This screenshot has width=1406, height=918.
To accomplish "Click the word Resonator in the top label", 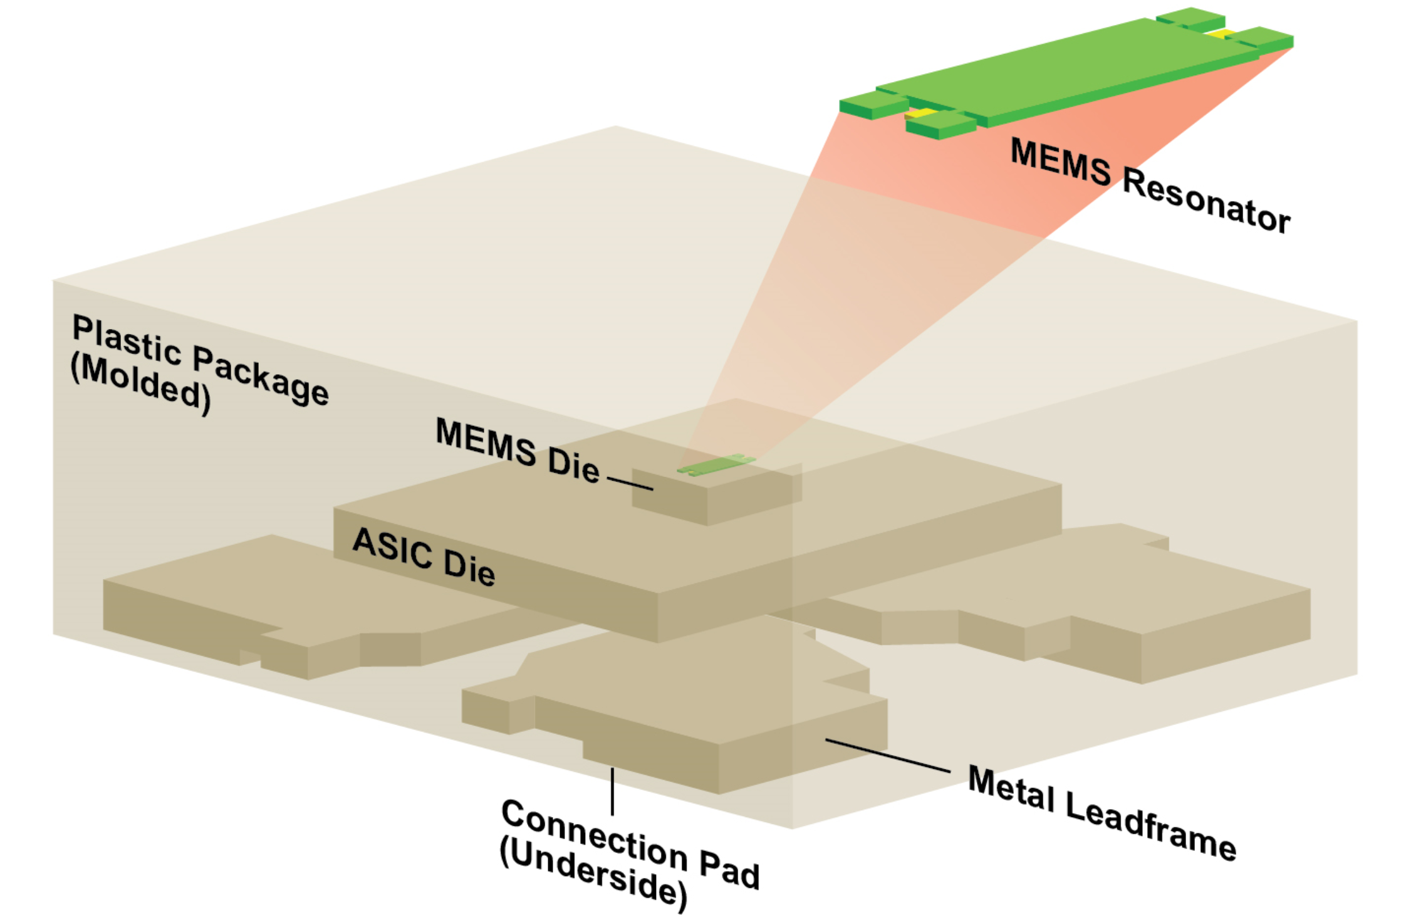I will coord(1206,200).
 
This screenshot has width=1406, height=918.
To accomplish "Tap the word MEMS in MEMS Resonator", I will coord(1060,162).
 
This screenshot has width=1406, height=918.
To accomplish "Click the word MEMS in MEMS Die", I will coord(486,442).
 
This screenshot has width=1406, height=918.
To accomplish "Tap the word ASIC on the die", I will coord(392,547).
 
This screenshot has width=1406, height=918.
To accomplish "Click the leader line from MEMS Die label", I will coord(630,484).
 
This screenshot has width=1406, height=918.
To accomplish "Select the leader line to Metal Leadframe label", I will coord(887,755).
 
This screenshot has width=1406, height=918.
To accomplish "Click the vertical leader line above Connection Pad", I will coord(612,791).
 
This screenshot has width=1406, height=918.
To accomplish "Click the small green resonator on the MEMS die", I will coord(716,465).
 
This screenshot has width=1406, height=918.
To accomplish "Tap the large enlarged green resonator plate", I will coord(1065,69).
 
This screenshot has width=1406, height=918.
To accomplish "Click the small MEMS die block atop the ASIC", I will coord(714,495).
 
